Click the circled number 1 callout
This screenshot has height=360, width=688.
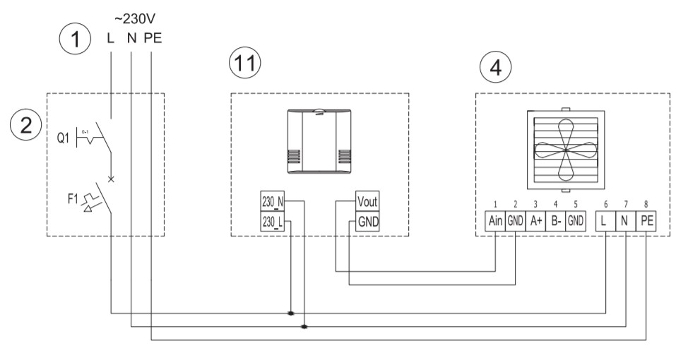tap(75, 39)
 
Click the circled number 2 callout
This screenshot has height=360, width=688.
tap(26, 125)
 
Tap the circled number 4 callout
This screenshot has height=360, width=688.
tap(495, 67)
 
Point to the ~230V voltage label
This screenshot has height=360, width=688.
tap(135, 19)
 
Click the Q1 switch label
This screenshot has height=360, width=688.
tap(63, 138)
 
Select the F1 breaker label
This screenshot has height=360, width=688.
tap(73, 199)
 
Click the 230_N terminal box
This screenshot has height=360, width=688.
tap(273, 201)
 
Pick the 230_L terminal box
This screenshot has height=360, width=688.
tap(273, 222)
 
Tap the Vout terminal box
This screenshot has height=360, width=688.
tap(367, 201)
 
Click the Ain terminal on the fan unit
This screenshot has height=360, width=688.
tap(495, 220)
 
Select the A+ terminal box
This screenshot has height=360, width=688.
tap(535, 220)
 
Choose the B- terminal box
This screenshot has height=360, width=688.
tap(555, 220)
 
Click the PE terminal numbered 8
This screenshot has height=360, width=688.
tap(647, 220)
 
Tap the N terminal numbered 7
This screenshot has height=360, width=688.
tap(626, 220)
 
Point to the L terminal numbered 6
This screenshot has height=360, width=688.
tap(605, 220)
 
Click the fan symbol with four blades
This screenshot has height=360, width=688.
tap(566, 150)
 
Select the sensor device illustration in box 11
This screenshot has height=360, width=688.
tap(319, 141)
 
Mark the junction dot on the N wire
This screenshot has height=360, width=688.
tap(304, 327)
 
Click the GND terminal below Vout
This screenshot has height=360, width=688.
tap(367, 222)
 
